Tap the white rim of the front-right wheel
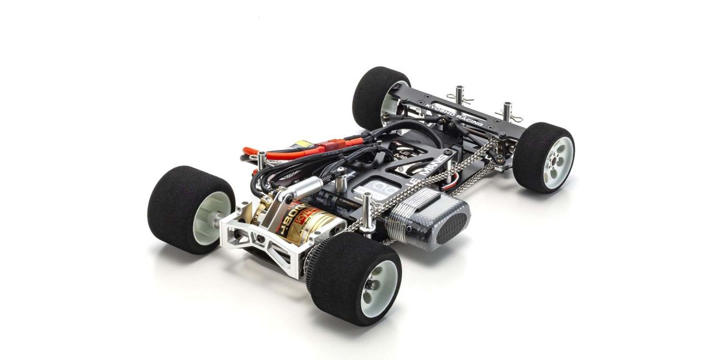pyautogui.click(x=558, y=160)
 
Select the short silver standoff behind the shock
pyautogui.click(x=341, y=175)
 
